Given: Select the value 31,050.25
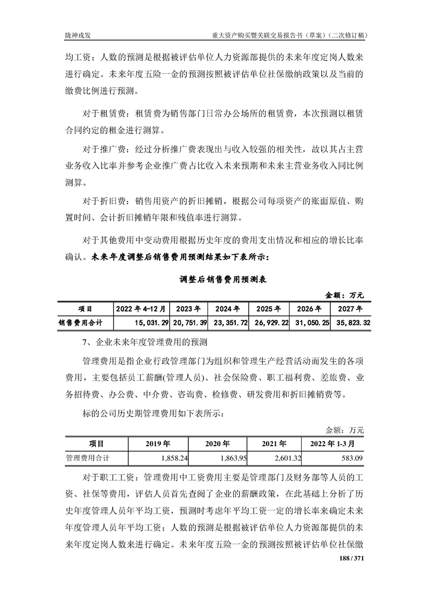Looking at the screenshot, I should (x=311, y=323).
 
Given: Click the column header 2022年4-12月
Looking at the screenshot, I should (x=141, y=309).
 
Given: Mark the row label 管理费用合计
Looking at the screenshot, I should (x=87, y=458).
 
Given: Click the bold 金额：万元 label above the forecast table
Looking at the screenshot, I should (x=345, y=295).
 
